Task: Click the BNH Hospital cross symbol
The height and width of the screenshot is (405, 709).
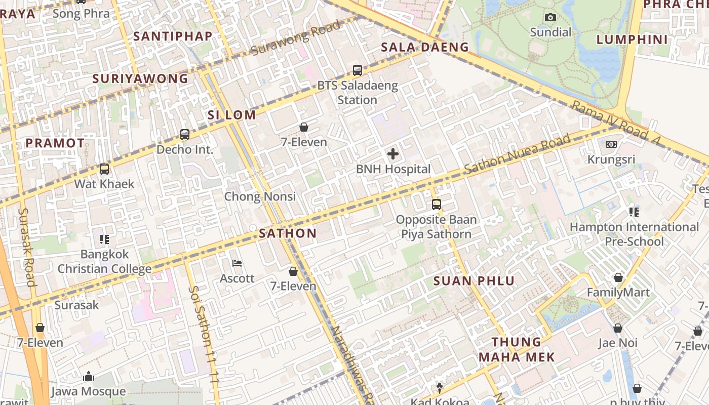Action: (392, 154)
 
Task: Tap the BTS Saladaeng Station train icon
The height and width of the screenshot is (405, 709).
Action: (358, 70)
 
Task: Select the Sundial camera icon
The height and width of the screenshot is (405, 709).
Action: (550, 18)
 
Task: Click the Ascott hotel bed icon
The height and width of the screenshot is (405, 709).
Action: (237, 263)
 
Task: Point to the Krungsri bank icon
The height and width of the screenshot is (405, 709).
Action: (611, 144)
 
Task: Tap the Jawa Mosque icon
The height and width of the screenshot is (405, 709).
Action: (89, 376)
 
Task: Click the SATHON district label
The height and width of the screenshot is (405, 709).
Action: (288, 233)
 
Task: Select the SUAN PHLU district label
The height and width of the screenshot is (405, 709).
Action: (474, 281)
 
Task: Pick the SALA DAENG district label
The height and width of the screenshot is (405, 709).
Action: (425, 47)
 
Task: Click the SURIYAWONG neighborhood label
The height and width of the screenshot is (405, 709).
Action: (140, 78)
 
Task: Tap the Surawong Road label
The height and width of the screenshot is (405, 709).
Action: (296, 38)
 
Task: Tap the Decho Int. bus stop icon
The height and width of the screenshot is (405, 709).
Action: (185, 135)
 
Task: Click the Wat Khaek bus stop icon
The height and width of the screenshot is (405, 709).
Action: (104, 169)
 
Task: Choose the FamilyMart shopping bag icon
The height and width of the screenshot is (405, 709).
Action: (618, 277)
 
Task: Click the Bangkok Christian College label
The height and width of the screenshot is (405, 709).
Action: (105, 261)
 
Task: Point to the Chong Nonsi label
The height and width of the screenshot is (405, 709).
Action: (260, 196)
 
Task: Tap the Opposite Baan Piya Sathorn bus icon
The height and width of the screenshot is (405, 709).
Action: (437, 205)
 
